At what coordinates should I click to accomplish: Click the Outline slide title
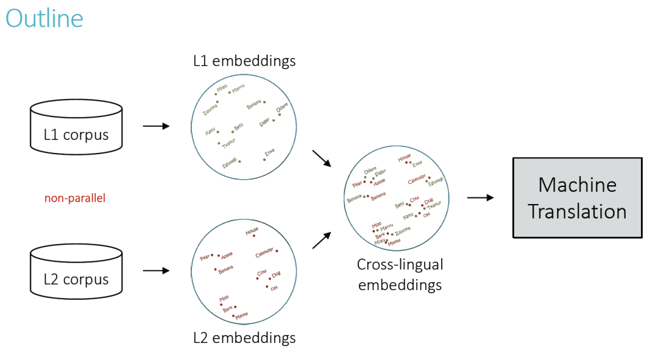click(x=44, y=18)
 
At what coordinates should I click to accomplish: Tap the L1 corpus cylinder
click(x=76, y=127)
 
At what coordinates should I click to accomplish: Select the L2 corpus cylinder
click(x=76, y=271)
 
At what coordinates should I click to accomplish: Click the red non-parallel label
click(x=75, y=198)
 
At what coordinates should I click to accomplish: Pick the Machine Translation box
click(x=577, y=197)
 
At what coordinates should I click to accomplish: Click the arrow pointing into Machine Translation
click(x=481, y=197)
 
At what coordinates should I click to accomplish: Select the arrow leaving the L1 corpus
click(x=156, y=127)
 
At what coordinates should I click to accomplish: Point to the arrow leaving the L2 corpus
click(x=156, y=270)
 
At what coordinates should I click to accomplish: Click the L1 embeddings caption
click(x=244, y=61)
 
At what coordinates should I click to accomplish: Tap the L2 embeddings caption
click(x=244, y=337)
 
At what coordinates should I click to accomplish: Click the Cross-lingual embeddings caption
click(x=400, y=275)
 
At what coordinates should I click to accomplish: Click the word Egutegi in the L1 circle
click(x=230, y=163)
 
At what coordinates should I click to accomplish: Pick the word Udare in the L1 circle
click(x=282, y=108)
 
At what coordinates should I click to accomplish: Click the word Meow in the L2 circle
click(x=242, y=316)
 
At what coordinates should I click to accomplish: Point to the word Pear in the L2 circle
click(x=205, y=258)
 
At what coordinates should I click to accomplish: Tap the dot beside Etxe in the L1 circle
click(x=264, y=160)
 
